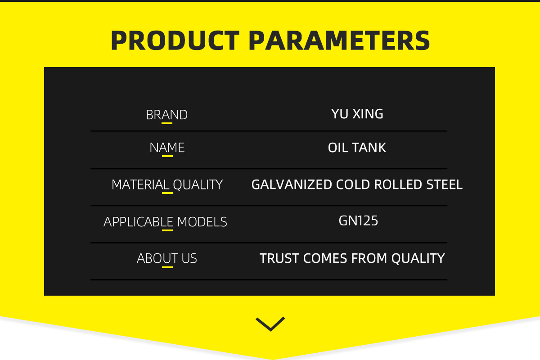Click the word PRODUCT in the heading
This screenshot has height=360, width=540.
click(x=175, y=40)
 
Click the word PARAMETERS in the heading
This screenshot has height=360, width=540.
click(x=339, y=40)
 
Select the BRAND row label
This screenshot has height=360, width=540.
click(x=166, y=115)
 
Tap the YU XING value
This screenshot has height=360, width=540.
click(x=357, y=114)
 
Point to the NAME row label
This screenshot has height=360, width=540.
click(x=167, y=148)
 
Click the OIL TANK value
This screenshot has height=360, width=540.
click(x=357, y=148)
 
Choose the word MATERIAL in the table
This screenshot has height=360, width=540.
click(x=140, y=184)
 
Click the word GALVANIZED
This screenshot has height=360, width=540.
click(x=292, y=184)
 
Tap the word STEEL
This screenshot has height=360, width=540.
click(x=444, y=184)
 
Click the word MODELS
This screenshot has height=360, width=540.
click(x=202, y=222)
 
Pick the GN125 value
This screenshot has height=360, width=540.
click(x=358, y=220)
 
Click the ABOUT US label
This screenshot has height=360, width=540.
click(x=167, y=258)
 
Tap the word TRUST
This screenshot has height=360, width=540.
click(x=279, y=258)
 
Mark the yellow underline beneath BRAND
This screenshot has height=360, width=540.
click(x=167, y=123)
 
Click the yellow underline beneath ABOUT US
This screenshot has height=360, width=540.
click(x=167, y=267)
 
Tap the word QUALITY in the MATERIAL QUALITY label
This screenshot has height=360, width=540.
click(x=198, y=184)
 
